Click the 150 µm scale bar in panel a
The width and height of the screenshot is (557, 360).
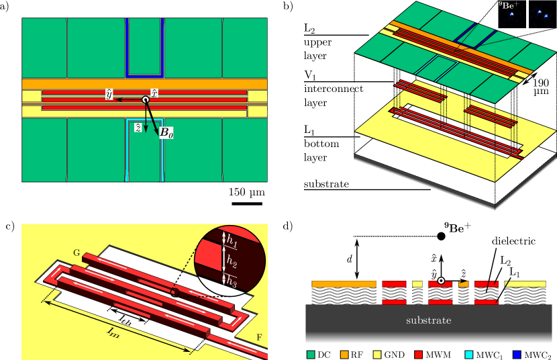[247, 204]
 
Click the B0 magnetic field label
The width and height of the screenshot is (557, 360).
[166, 132]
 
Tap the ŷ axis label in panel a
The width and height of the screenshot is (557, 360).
[109, 95]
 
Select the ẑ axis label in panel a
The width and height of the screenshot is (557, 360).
[138, 128]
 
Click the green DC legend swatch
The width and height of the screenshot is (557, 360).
[311, 355]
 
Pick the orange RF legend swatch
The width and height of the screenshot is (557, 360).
[344, 355]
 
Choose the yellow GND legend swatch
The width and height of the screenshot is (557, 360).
[377, 355]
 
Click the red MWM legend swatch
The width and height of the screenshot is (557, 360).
[419, 355]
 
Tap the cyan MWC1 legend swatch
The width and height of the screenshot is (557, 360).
[469, 355]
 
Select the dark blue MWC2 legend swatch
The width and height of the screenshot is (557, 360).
[517, 355]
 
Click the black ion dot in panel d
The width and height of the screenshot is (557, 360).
[441, 236]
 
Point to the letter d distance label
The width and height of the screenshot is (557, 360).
[350, 259]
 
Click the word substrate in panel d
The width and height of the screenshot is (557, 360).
[429, 320]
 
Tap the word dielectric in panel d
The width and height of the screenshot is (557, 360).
[513, 241]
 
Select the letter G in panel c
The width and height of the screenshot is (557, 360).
[77, 253]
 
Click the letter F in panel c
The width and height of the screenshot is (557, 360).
[259, 337]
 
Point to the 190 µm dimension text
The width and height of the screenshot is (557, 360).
[541, 87]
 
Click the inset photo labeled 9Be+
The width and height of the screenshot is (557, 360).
[512, 14]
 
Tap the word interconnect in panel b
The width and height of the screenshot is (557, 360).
[334, 89]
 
